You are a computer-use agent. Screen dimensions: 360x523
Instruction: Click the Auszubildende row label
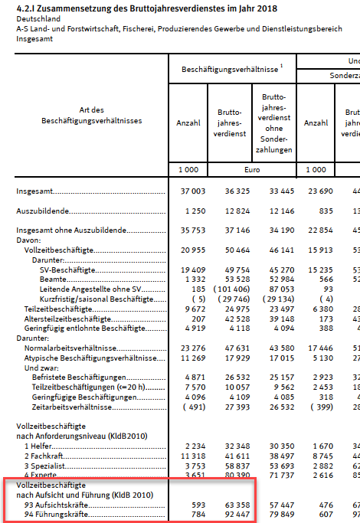click(x=44, y=209)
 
